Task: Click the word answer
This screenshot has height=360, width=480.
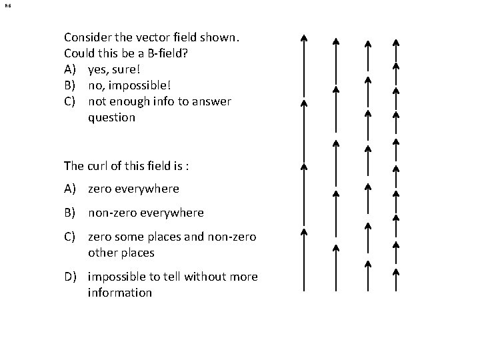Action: tap(211, 101)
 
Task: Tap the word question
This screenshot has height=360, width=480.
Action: tap(111, 117)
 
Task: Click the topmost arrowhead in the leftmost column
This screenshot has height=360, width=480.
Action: tap(303, 38)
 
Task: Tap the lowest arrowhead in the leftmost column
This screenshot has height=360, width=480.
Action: tap(303, 232)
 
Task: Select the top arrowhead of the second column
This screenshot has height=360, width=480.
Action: tap(336, 42)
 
